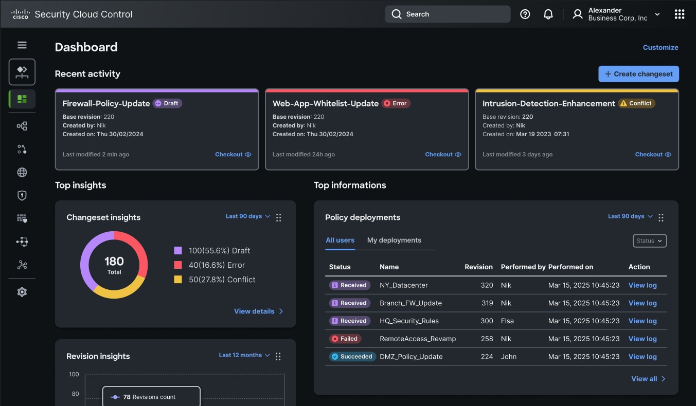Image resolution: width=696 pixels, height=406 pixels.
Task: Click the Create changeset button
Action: pyautogui.click(x=638, y=74)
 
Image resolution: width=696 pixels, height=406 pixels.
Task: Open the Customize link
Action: pyautogui.click(x=660, y=47)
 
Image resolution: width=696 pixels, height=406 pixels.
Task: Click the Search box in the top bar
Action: pyautogui.click(x=448, y=14)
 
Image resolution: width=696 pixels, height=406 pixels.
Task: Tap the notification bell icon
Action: pyautogui.click(x=548, y=14)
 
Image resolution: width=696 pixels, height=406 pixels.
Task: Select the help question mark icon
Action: pyautogui.click(x=525, y=14)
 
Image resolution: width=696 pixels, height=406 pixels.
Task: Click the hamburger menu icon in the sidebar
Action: pyautogui.click(x=22, y=45)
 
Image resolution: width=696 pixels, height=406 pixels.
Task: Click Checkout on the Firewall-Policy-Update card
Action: pyautogui.click(x=233, y=154)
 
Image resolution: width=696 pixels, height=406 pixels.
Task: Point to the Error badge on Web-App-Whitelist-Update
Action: pyautogui.click(x=395, y=103)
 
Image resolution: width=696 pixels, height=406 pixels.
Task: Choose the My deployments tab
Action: pyautogui.click(x=394, y=240)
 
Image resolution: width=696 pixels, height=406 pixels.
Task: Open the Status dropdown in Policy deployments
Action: pyautogui.click(x=649, y=241)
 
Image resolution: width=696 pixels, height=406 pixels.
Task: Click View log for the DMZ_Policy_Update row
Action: pyautogui.click(x=642, y=357)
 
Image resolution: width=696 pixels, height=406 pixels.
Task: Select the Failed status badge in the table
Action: pyautogui.click(x=345, y=339)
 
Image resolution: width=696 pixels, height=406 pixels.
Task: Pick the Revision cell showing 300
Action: pyautogui.click(x=487, y=321)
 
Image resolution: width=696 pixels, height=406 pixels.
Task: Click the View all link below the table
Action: pyautogui.click(x=648, y=379)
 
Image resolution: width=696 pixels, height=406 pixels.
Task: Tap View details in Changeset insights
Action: pyautogui.click(x=258, y=311)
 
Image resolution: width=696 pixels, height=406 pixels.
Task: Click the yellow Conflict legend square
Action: pyautogui.click(x=178, y=280)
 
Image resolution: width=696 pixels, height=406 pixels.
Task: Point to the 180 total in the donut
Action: pyautogui.click(x=114, y=262)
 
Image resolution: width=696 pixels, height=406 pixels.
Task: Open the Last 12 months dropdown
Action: pyautogui.click(x=244, y=355)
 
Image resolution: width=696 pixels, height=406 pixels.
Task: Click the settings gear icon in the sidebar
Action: pyautogui.click(x=22, y=292)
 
